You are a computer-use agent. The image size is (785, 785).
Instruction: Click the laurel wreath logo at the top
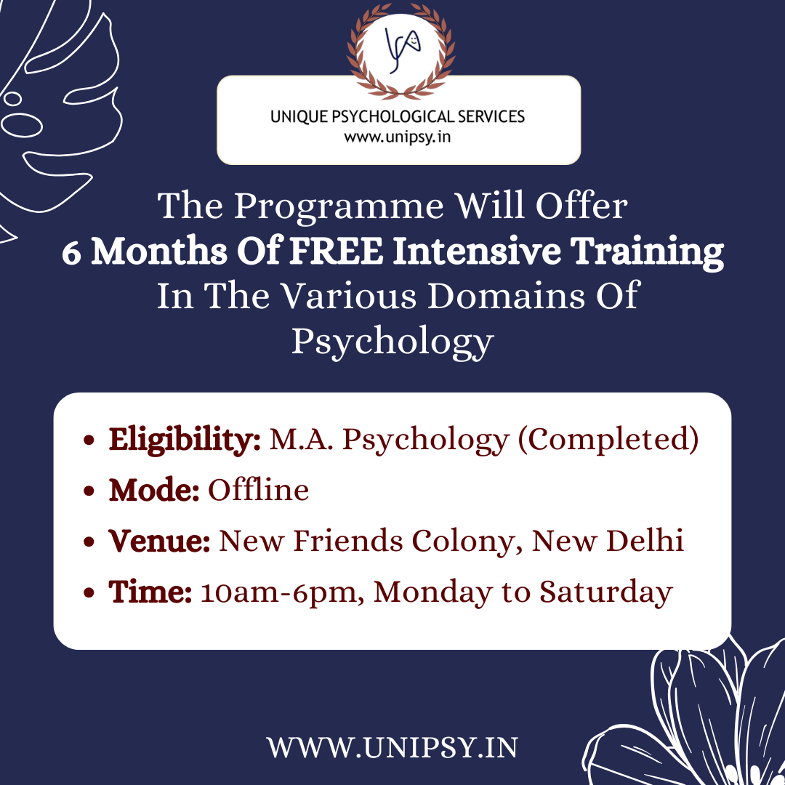pos(400,51)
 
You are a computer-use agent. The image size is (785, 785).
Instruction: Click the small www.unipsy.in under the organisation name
pos(398,137)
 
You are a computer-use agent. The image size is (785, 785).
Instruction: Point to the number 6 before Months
pos(71,251)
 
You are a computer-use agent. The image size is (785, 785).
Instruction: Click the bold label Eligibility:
pos(185,440)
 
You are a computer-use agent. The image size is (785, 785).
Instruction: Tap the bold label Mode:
pos(154,490)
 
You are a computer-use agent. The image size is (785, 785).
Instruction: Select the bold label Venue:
pos(159,541)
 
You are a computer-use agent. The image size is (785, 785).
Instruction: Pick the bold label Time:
pos(150,592)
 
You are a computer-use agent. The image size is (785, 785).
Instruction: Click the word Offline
pos(258,489)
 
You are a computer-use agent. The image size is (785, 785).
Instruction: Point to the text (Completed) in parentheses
pos(608,440)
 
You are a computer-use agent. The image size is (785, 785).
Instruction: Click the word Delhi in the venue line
pos(645,540)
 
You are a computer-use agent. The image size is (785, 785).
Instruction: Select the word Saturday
pos(605,592)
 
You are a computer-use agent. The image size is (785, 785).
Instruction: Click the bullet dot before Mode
pos(89,491)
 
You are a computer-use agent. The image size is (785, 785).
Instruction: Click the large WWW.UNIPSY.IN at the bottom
pos(392,748)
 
